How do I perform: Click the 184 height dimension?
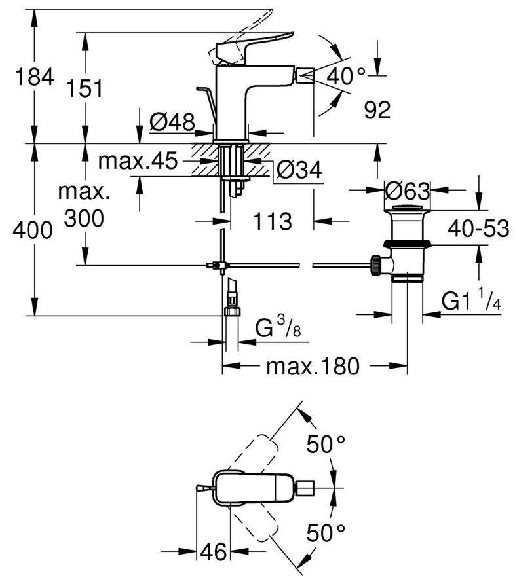34,77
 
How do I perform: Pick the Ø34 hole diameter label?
299,170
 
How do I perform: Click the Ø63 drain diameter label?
407,192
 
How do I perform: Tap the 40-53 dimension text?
478,229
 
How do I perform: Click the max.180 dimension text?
313,367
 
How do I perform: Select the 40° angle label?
346,75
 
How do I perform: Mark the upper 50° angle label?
326,445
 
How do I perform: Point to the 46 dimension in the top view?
213,552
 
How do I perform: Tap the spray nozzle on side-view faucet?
303,75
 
